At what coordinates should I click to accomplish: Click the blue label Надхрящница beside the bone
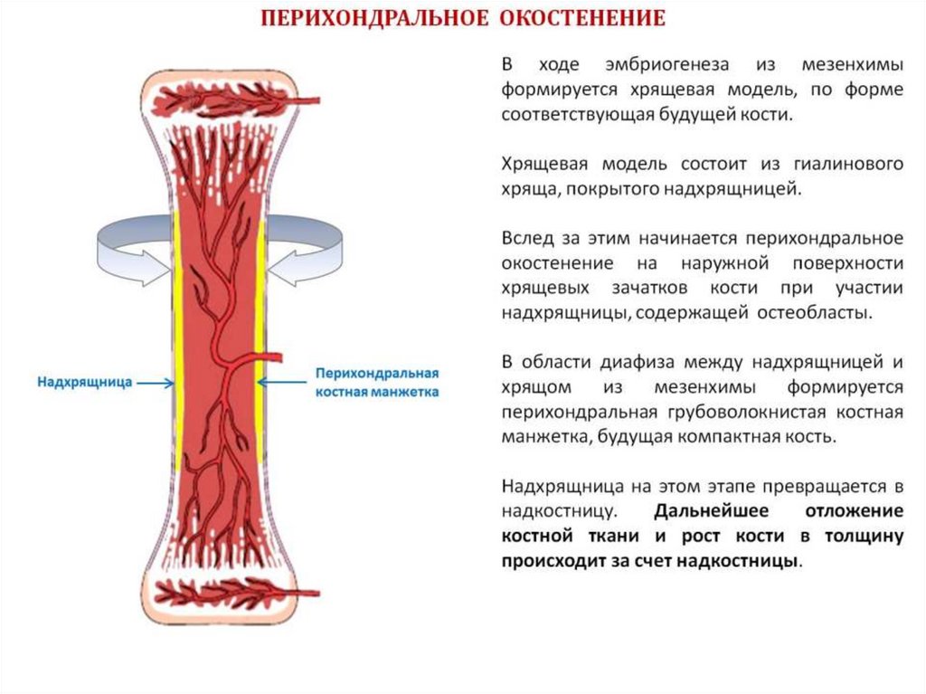[85, 383]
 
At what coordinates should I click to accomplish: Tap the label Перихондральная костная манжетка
[376, 383]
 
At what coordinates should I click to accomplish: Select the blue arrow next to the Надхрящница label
[156, 384]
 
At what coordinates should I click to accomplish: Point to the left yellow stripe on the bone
[178, 344]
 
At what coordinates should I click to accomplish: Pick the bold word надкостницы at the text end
[744, 560]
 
